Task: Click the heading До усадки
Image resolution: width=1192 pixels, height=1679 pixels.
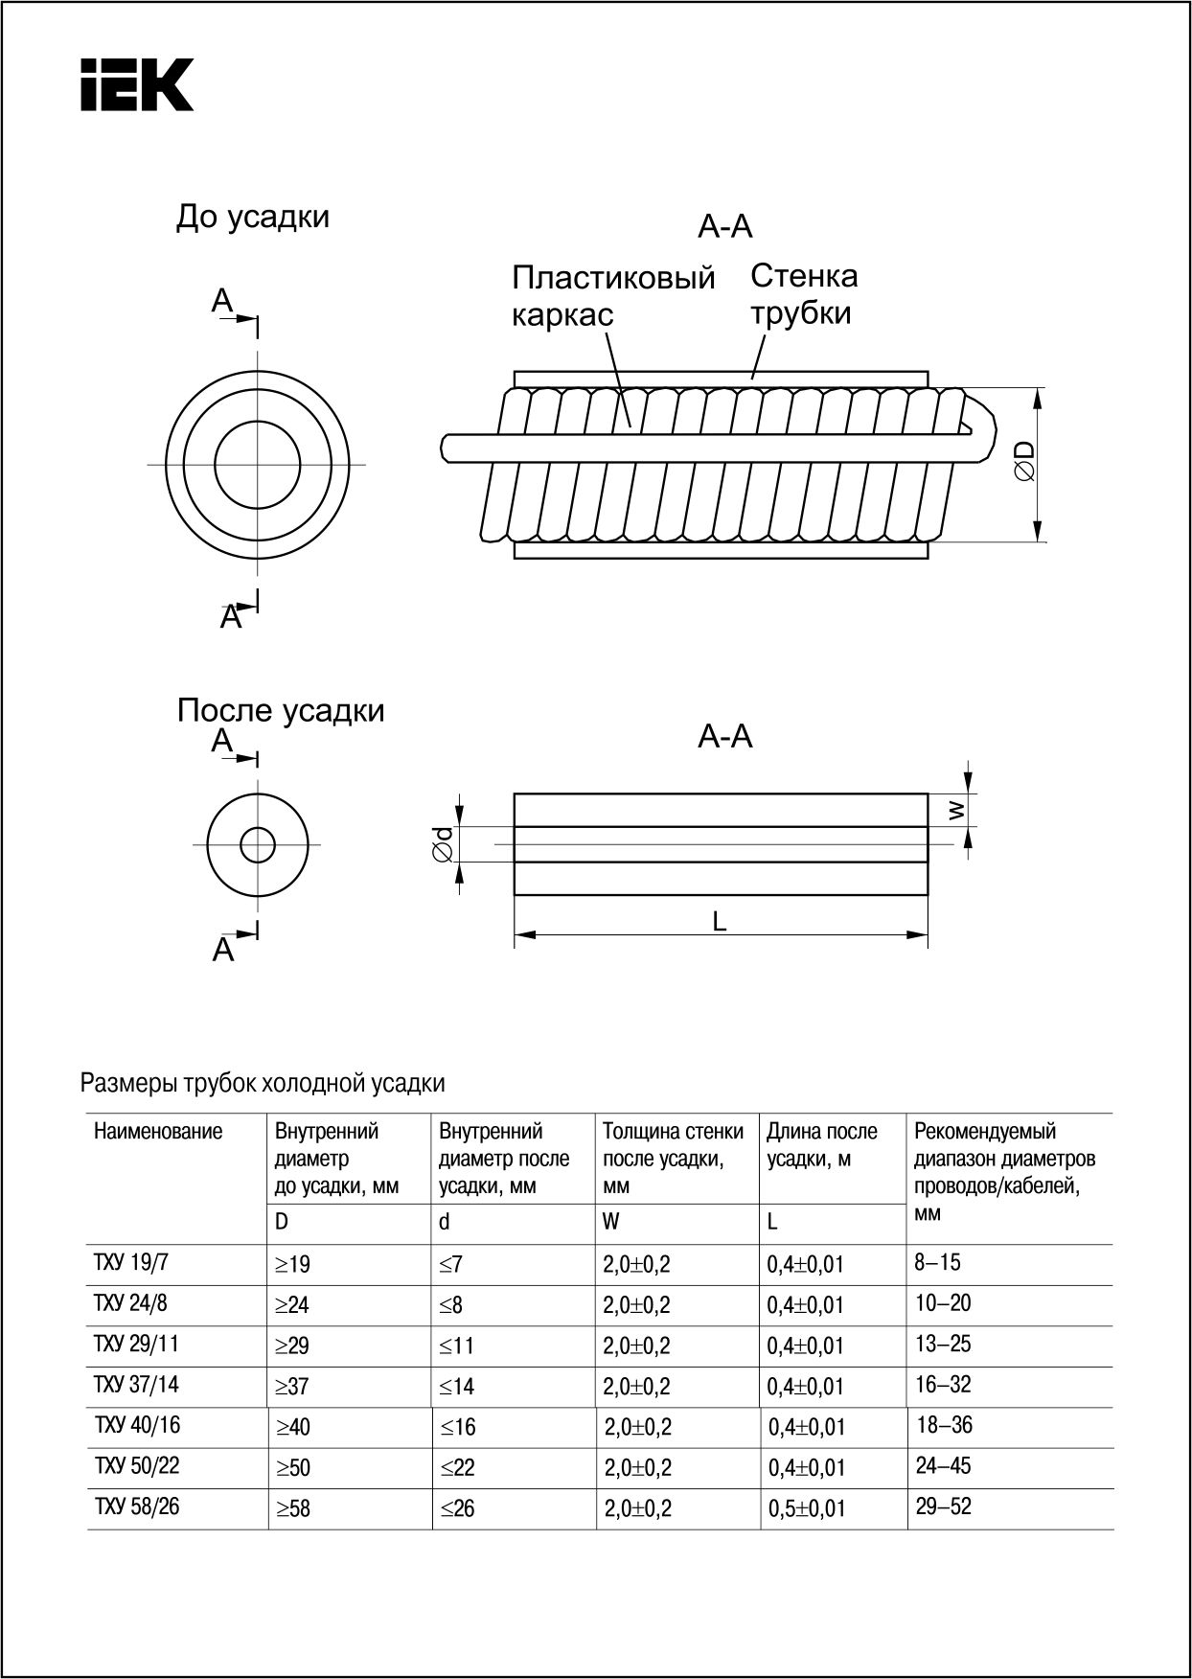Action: [252, 218]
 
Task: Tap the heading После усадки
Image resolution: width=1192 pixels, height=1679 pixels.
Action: [281, 711]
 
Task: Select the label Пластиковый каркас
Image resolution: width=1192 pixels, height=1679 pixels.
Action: [613, 295]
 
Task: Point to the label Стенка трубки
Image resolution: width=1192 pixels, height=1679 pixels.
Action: [803, 294]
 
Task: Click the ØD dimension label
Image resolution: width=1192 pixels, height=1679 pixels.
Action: [1023, 461]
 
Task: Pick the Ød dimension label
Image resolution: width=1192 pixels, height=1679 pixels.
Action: [443, 845]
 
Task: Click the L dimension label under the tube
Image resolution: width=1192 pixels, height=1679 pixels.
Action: [720, 921]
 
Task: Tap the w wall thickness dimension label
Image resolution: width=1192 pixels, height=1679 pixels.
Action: [956, 811]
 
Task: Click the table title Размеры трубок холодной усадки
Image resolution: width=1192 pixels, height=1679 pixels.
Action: [263, 1083]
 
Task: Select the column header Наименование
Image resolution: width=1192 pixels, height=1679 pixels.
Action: [158, 1132]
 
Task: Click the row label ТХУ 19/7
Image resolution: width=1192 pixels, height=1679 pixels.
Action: [130, 1263]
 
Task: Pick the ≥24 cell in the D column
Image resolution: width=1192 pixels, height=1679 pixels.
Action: [292, 1305]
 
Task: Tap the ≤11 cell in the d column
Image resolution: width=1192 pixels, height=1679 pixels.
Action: [457, 1345]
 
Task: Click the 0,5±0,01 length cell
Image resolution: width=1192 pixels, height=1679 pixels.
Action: [806, 1508]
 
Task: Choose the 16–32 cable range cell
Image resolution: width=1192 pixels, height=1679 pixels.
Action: [943, 1385]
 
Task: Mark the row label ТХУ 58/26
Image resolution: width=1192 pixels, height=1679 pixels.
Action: [136, 1506]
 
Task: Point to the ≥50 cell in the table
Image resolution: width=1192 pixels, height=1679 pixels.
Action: [293, 1468]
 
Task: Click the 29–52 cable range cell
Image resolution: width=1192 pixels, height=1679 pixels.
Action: [943, 1506]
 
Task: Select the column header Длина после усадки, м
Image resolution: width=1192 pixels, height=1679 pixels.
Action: [821, 1145]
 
